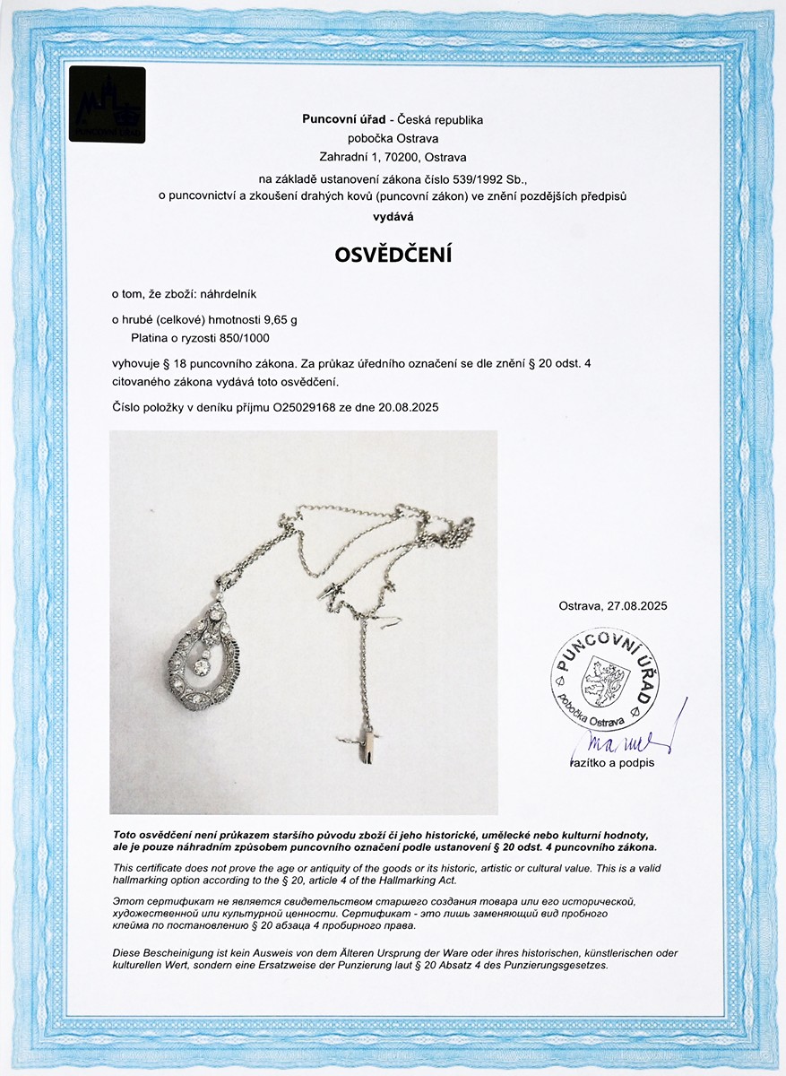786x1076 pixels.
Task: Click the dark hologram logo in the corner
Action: pos(107,105)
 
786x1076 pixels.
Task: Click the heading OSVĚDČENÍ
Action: pos(393,255)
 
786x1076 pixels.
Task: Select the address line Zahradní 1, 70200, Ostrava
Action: pos(393,156)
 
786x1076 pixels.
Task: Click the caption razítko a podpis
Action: pos(611,763)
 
